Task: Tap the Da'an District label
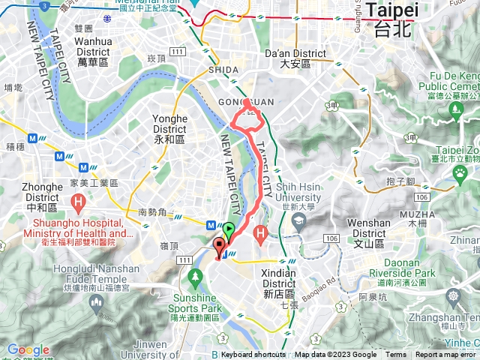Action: pyautogui.click(x=296, y=58)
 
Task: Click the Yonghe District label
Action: pyautogui.click(x=169, y=129)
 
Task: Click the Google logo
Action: pyautogui.click(x=28, y=349)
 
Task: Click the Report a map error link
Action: pyautogui.click(x=445, y=355)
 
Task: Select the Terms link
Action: pyautogui.click(x=396, y=355)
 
